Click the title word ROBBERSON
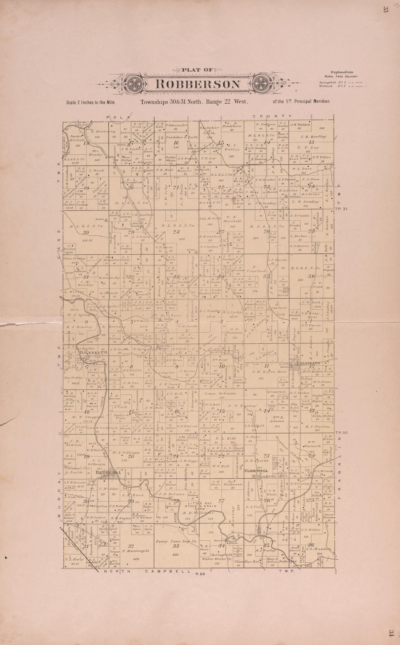198,84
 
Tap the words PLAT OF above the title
197,70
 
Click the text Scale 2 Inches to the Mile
91,103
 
